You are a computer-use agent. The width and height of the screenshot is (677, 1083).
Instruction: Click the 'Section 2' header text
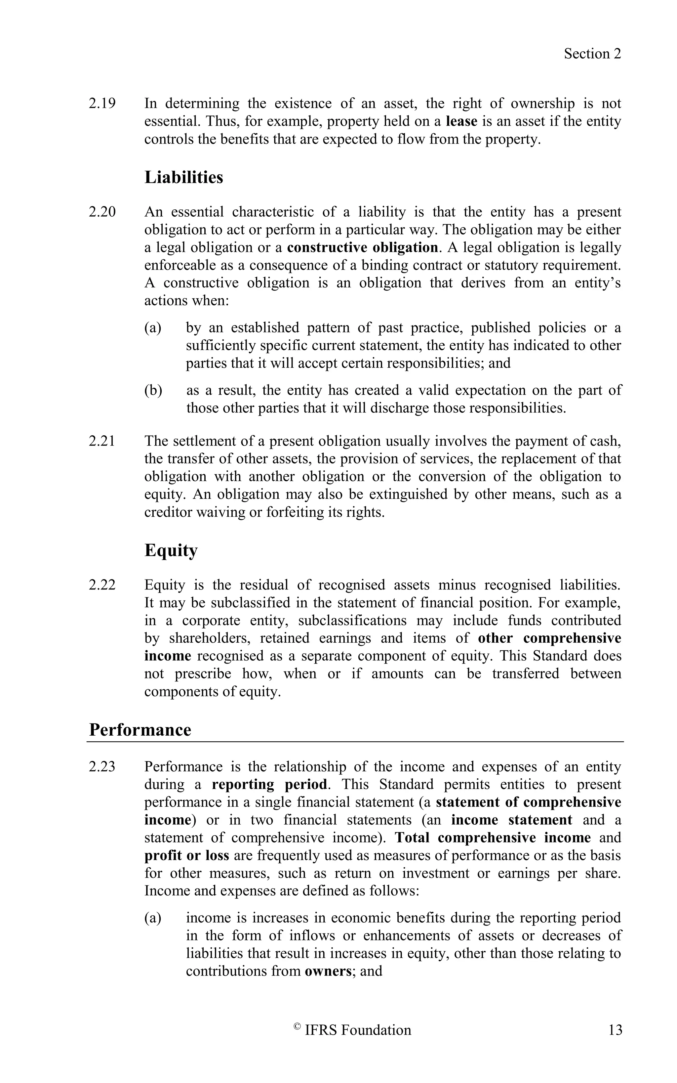592,54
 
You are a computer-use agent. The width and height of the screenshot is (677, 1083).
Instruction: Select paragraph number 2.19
102,104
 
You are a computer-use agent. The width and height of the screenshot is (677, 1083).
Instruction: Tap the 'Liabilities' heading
183,177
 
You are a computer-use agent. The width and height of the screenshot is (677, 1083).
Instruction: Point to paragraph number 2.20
102,212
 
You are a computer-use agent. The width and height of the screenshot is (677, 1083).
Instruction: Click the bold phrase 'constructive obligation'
362,247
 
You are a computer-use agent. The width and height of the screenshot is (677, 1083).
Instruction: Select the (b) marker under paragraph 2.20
153,390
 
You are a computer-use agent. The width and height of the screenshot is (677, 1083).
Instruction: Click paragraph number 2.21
102,441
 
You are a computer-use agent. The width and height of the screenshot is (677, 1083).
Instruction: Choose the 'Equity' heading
171,550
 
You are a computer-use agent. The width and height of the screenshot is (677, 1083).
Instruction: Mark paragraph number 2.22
102,585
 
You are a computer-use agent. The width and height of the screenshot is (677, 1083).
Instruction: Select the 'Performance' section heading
140,729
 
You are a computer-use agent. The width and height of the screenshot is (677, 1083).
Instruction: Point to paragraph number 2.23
102,767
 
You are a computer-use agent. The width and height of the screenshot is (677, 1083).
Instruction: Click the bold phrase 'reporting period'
269,785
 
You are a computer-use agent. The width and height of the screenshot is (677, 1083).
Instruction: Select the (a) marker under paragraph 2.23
153,918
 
